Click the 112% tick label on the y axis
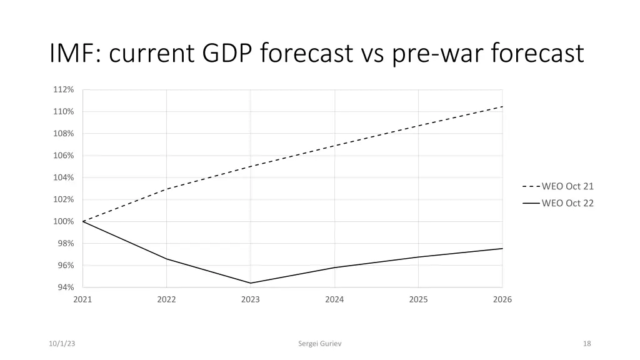(x=63, y=89)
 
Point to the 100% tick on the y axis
(x=63, y=221)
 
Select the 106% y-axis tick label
(x=63, y=156)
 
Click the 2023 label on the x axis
(x=251, y=299)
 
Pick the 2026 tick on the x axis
(x=502, y=299)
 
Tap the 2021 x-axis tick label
(x=82, y=299)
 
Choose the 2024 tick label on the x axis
(x=334, y=299)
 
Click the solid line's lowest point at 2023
(x=251, y=283)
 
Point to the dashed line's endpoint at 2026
(x=502, y=106)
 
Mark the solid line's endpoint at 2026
(x=502, y=248)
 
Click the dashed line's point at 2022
(x=166, y=189)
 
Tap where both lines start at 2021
(x=82, y=221)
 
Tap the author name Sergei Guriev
(x=320, y=343)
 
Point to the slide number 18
(x=586, y=343)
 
